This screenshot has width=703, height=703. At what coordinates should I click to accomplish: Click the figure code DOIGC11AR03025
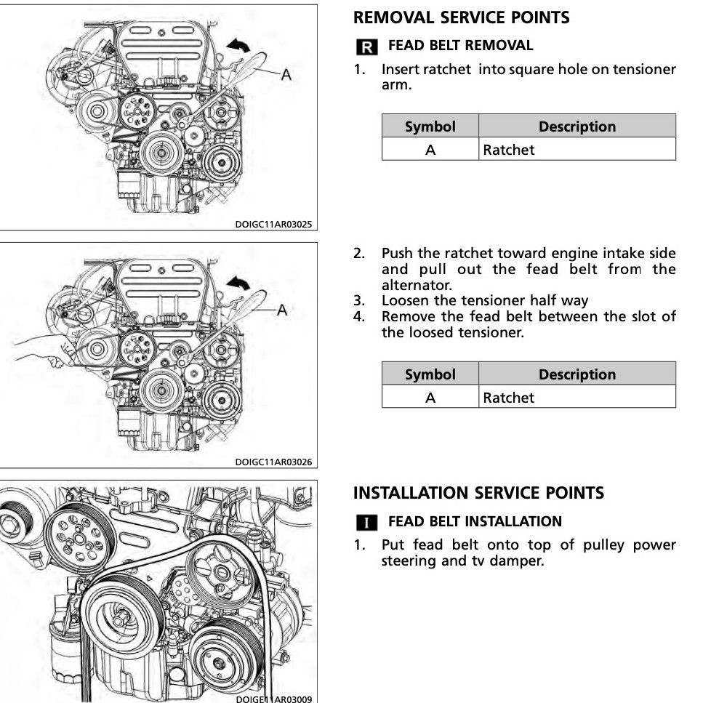(x=274, y=224)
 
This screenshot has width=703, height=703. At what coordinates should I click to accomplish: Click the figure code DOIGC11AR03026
(x=274, y=462)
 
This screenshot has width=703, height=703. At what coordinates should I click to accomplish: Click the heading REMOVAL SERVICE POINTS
(x=462, y=18)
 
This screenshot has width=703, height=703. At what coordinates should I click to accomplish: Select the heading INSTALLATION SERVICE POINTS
(x=478, y=493)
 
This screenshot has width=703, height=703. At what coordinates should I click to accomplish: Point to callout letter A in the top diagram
(x=286, y=74)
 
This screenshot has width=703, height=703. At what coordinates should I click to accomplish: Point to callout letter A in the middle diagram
(x=282, y=310)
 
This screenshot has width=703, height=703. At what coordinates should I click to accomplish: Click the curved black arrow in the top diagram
(x=238, y=45)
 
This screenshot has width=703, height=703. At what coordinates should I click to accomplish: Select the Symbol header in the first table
(x=430, y=126)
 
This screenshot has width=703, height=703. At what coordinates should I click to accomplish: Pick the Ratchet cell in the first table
(x=508, y=150)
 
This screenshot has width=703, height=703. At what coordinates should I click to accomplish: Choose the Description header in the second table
(x=577, y=374)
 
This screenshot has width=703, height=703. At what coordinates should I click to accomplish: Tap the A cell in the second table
(x=430, y=398)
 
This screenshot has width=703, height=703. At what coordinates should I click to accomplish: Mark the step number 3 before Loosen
(x=358, y=300)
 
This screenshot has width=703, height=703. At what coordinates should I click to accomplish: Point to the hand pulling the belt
(x=36, y=353)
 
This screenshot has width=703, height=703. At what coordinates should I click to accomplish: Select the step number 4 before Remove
(x=358, y=316)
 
